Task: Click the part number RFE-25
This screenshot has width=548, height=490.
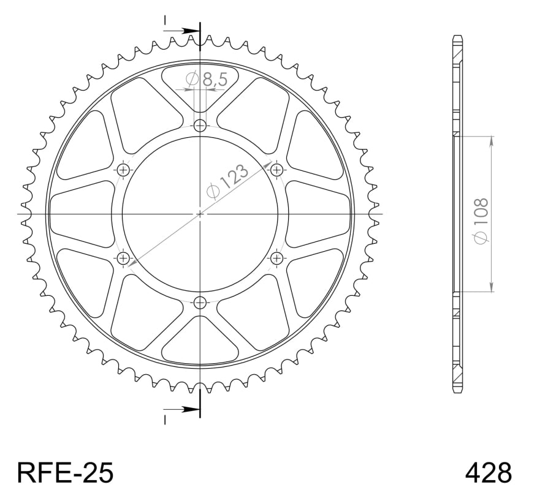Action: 65,472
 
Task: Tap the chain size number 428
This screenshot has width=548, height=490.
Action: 488,472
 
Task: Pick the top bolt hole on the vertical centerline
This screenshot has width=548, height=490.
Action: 200,126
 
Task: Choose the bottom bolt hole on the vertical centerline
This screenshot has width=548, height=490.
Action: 200,301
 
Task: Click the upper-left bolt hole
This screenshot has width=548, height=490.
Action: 124,170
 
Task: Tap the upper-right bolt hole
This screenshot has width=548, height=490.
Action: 276,170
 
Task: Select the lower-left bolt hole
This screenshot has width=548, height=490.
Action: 124,258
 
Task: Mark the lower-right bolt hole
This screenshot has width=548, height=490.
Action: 276,258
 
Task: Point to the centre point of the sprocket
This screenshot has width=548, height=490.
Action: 200,214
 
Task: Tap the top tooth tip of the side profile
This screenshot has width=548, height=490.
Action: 456,37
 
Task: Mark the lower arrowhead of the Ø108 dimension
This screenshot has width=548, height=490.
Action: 491,287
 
